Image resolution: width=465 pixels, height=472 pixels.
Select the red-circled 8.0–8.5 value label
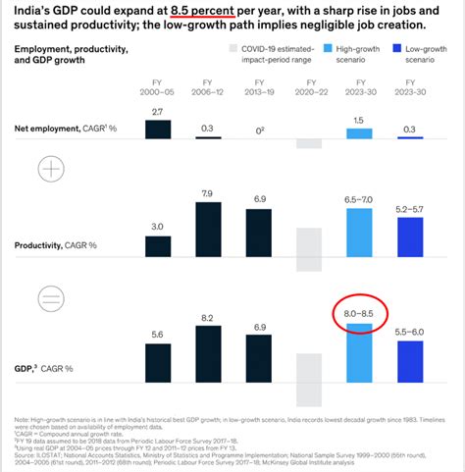[360, 313]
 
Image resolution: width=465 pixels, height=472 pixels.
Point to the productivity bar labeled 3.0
[151, 249]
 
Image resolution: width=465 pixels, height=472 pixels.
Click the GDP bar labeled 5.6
[151, 360]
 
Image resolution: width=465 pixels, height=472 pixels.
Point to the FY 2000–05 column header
[151, 89]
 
